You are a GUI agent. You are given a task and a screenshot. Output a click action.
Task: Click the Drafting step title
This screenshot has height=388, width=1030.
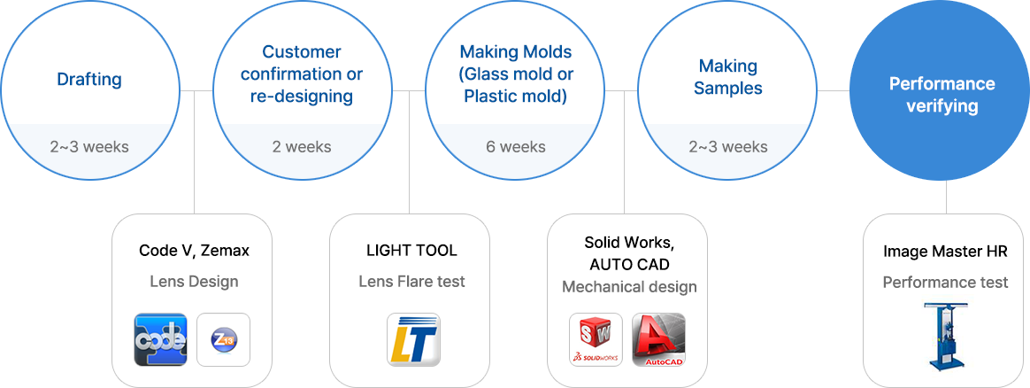(89, 80)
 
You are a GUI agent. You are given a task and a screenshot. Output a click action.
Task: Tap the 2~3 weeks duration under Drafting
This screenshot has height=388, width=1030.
(89, 146)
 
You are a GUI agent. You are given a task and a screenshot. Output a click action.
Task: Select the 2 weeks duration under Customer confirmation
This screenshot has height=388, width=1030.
(302, 146)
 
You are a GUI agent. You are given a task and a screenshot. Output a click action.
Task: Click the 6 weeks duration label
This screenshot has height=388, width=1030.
(516, 146)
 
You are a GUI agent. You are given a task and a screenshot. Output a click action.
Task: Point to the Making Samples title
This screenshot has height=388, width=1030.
(728, 76)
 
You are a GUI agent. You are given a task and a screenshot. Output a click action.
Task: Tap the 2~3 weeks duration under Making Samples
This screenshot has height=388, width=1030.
(728, 146)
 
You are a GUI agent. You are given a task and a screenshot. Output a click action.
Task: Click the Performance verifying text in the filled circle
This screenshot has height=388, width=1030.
(942, 95)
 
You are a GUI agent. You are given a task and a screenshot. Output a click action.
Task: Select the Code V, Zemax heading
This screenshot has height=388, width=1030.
(195, 251)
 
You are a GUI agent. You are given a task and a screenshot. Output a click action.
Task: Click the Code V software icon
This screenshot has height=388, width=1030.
(160, 339)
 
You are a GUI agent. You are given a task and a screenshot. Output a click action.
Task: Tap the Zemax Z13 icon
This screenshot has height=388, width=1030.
(223, 339)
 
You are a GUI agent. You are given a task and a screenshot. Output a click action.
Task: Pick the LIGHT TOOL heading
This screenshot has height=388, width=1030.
(411, 251)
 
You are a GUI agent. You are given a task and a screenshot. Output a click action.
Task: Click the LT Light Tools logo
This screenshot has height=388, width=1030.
(413, 339)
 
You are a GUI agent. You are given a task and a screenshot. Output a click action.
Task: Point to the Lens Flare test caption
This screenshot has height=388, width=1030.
(411, 282)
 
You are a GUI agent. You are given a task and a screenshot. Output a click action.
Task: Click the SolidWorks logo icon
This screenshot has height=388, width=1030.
(596, 339)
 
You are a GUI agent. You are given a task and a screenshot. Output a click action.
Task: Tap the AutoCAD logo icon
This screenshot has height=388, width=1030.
(659, 339)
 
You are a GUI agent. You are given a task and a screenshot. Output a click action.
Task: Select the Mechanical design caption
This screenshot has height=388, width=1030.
(629, 287)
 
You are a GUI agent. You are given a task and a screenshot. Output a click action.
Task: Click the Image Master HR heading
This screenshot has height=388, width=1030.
(945, 251)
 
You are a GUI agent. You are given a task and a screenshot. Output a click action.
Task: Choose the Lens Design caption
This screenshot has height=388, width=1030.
(195, 282)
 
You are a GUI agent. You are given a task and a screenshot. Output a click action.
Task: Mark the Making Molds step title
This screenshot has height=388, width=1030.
(516, 74)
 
